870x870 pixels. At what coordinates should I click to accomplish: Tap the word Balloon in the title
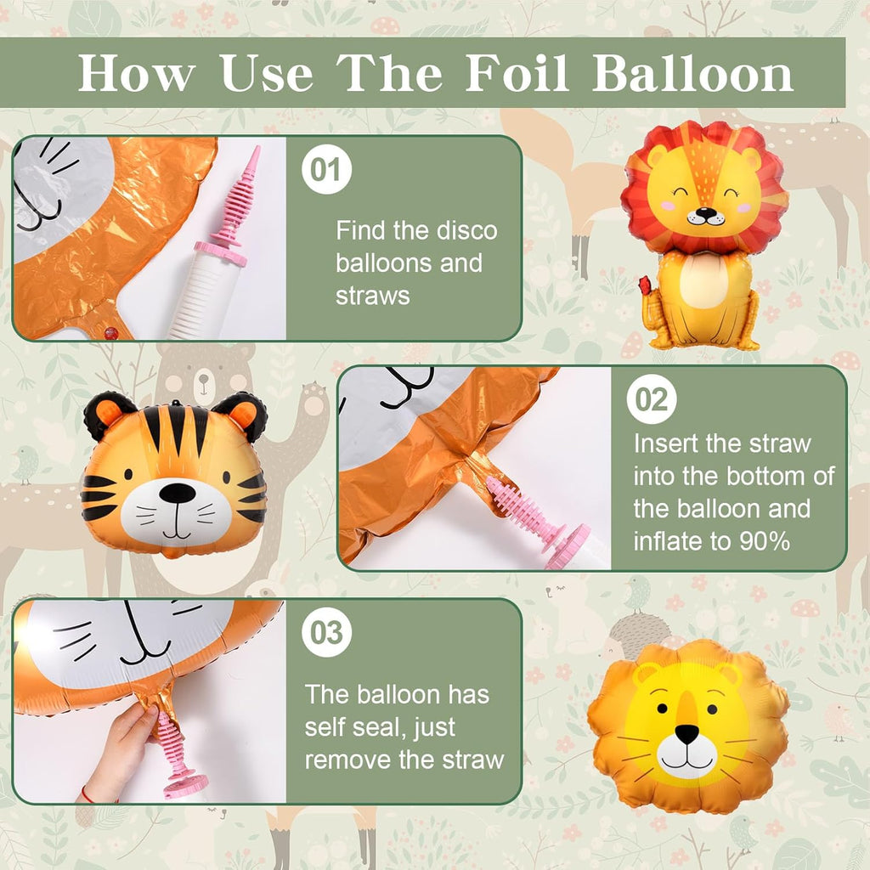[693, 73]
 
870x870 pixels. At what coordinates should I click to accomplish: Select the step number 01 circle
[326, 169]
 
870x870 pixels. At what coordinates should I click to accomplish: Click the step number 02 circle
[652, 399]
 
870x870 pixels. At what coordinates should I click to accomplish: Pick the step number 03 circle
[326, 632]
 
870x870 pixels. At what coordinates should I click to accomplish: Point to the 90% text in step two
[765, 541]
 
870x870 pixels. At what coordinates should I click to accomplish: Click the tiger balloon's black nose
[177, 493]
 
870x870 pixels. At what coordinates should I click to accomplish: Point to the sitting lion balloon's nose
[706, 212]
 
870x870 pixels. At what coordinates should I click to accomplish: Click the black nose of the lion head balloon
[686, 733]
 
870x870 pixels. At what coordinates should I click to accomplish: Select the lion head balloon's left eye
[662, 709]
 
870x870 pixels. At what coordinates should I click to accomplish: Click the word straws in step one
[372, 296]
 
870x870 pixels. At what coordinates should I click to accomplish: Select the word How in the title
[137, 73]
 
